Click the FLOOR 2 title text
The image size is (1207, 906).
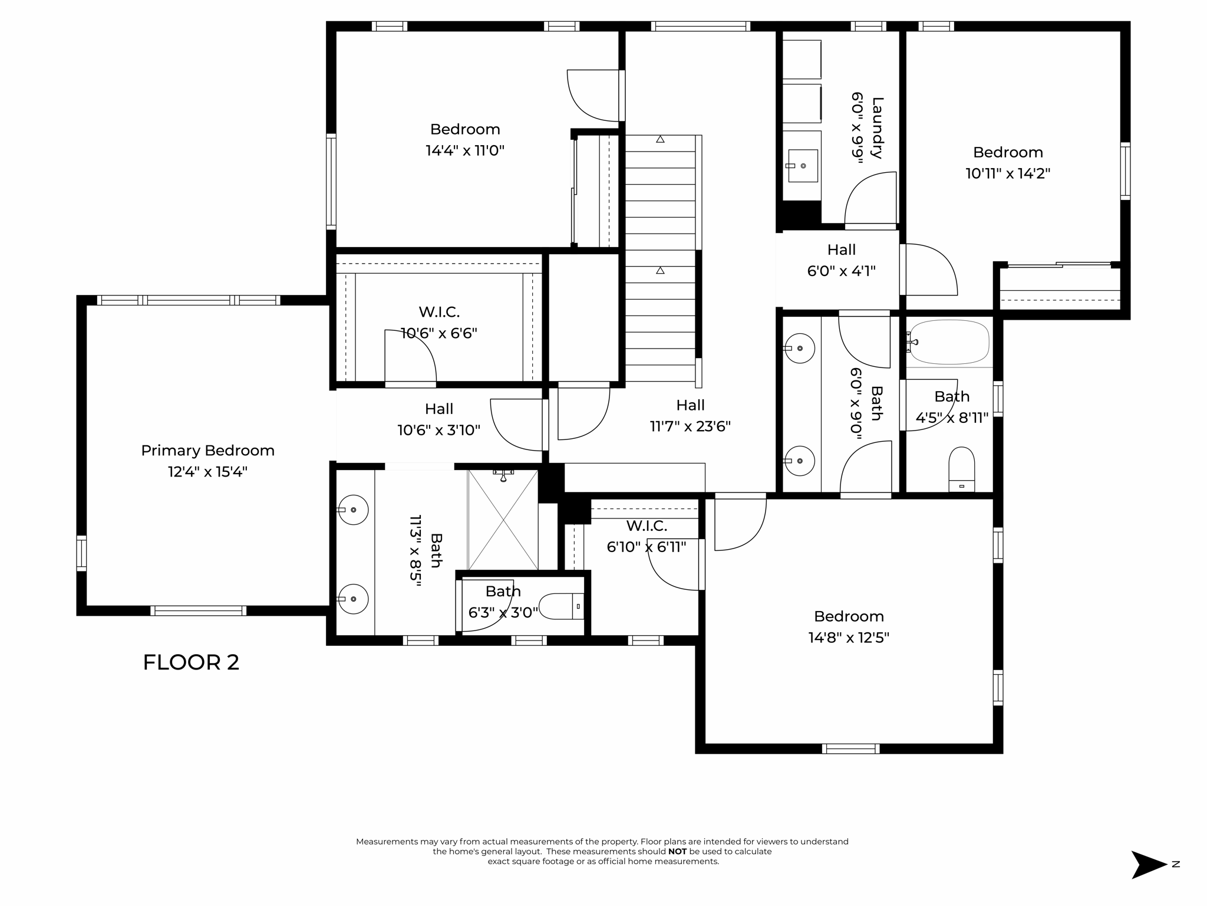point(191,662)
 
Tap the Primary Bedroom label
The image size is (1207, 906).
point(207,451)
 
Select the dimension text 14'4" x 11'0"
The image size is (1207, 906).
point(465,150)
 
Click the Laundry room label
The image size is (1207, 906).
point(877,128)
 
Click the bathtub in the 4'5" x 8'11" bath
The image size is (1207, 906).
point(949,342)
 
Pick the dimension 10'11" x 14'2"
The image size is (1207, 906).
point(1008,173)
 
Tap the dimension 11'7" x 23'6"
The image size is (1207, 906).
point(690,426)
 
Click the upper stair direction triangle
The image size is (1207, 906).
point(660,139)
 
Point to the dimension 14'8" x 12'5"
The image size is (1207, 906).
point(849,638)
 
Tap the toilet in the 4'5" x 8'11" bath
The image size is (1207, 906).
point(962,469)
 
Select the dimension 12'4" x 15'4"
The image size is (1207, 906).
point(207,472)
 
